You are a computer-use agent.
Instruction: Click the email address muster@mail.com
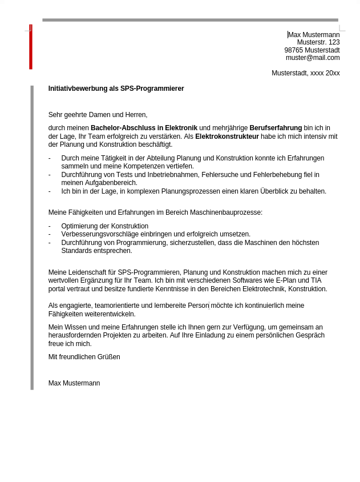coord(313,58)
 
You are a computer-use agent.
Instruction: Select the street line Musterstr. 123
coord(318,42)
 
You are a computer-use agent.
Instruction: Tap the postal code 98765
coord(294,50)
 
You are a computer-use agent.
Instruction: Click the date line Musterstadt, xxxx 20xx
coord(305,73)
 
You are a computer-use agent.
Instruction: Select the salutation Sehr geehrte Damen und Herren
coord(98,115)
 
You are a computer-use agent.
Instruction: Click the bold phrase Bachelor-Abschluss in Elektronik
coord(144,128)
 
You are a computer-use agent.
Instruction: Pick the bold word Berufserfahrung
coord(276,128)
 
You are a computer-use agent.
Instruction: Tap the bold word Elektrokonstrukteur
coord(226,136)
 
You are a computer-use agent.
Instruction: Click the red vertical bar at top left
coord(31,47)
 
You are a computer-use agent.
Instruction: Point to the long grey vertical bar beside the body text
coord(32,237)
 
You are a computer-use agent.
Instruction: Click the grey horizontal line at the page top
coord(190,20)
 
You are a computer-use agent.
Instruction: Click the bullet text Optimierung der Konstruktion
coord(104,226)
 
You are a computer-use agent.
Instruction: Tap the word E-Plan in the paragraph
coord(286,280)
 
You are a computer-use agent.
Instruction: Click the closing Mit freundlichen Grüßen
coord(84,357)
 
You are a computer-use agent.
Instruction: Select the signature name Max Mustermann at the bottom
coord(74,383)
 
